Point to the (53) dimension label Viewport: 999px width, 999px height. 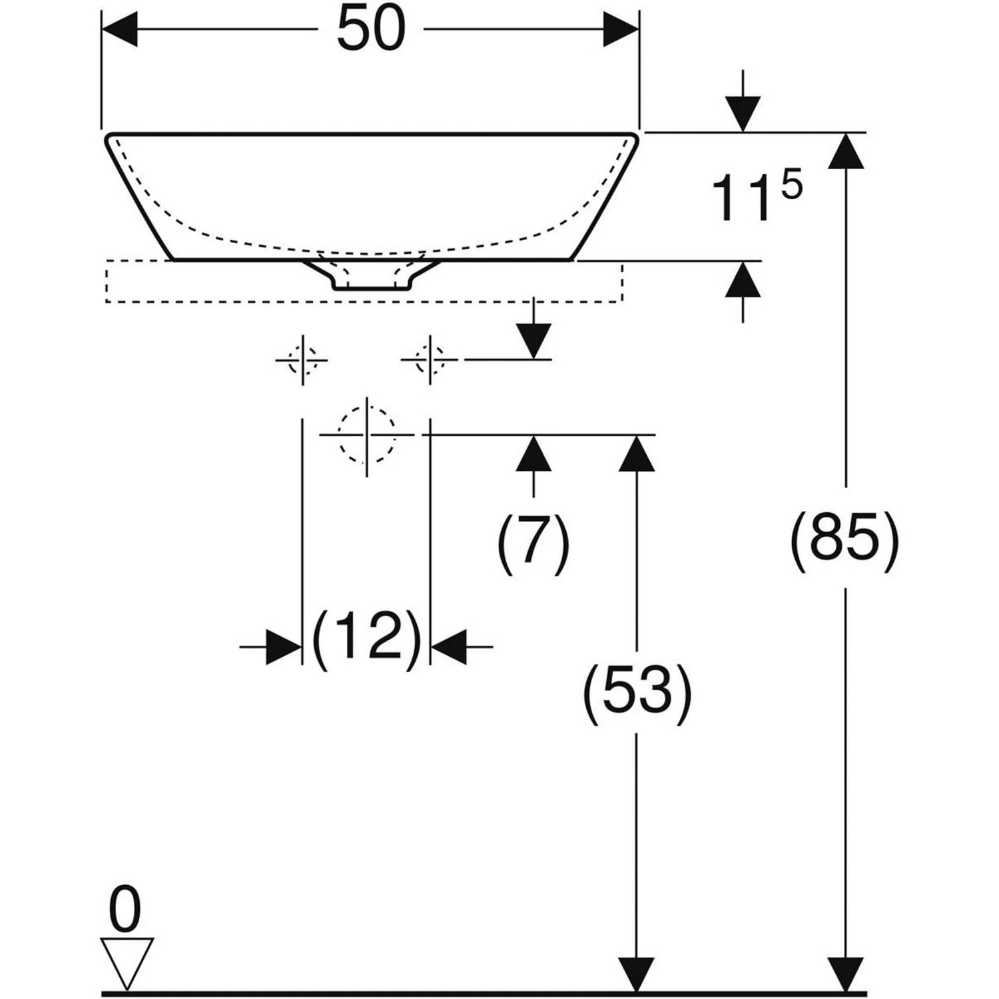point(637,693)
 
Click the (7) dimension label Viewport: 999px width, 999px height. point(533,542)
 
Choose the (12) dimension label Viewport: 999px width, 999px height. point(367,638)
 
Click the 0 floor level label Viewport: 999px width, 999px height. point(125,910)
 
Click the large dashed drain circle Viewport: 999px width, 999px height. point(367,435)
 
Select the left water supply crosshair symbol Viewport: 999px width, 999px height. point(302,360)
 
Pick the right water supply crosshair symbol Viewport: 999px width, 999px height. point(430,360)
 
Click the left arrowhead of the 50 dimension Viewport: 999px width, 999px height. point(119,29)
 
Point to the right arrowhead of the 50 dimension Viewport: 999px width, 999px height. point(621,29)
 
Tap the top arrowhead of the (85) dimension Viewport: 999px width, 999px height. point(846,151)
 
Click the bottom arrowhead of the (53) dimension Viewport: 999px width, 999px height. point(637,975)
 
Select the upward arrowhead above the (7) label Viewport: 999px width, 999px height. point(533,453)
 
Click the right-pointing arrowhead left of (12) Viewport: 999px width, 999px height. point(284,646)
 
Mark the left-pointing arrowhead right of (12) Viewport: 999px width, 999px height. point(449,646)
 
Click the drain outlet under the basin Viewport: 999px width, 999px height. point(372,274)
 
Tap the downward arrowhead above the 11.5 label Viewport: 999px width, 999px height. point(743,115)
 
